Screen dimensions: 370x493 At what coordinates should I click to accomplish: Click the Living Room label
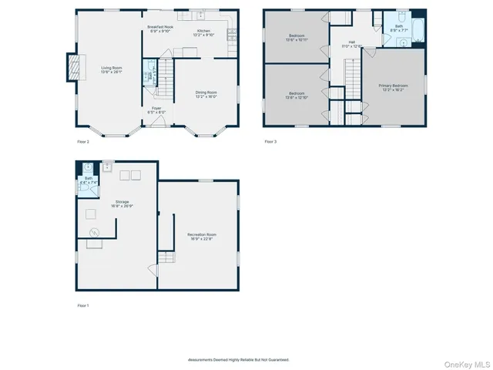(112, 68)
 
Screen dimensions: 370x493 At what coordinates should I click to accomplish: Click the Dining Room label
(206, 92)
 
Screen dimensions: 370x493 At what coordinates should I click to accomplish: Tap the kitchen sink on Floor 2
(200, 15)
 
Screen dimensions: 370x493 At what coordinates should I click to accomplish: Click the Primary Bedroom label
(393, 86)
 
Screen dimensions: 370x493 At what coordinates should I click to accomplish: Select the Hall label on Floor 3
(351, 42)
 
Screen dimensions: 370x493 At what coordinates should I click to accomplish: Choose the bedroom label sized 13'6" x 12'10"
(297, 96)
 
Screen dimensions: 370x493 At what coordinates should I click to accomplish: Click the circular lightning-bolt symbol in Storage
(96, 232)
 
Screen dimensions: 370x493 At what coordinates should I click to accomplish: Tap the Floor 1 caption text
(84, 306)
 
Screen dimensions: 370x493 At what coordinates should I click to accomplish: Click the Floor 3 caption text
(270, 141)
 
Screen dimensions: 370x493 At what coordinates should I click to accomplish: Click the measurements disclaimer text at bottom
(239, 359)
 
